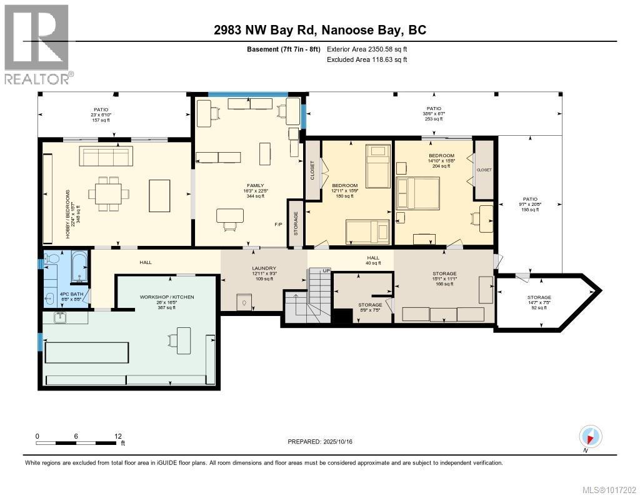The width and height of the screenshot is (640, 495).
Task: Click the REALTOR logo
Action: click(x=37, y=44)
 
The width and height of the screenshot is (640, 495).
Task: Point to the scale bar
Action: click(x=77, y=443)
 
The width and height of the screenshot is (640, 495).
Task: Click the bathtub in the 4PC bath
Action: click(x=79, y=267)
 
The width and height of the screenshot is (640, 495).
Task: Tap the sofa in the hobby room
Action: click(x=106, y=156)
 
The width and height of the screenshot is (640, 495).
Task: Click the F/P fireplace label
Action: click(x=279, y=224)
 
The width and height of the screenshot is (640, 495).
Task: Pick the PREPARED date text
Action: click(x=324, y=442)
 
